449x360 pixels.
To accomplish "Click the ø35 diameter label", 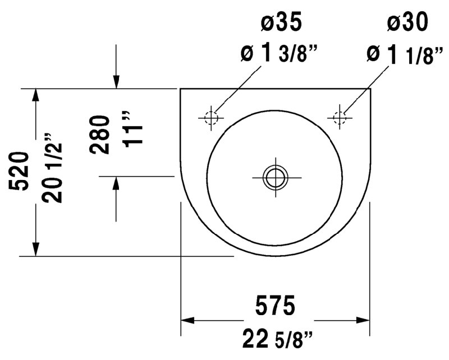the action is click(281, 22).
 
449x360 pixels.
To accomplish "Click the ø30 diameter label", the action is click(407, 22).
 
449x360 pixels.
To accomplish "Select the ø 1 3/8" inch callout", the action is click(279, 53).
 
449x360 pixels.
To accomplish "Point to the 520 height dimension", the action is click(19, 171).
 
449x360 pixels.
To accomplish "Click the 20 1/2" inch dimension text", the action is click(52, 169).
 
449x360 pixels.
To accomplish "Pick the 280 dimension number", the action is click(99, 135).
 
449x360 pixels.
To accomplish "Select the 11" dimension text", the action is click(133, 129).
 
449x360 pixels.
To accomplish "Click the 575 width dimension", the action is click(275, 306).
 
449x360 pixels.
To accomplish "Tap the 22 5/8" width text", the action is click(277, 339).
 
